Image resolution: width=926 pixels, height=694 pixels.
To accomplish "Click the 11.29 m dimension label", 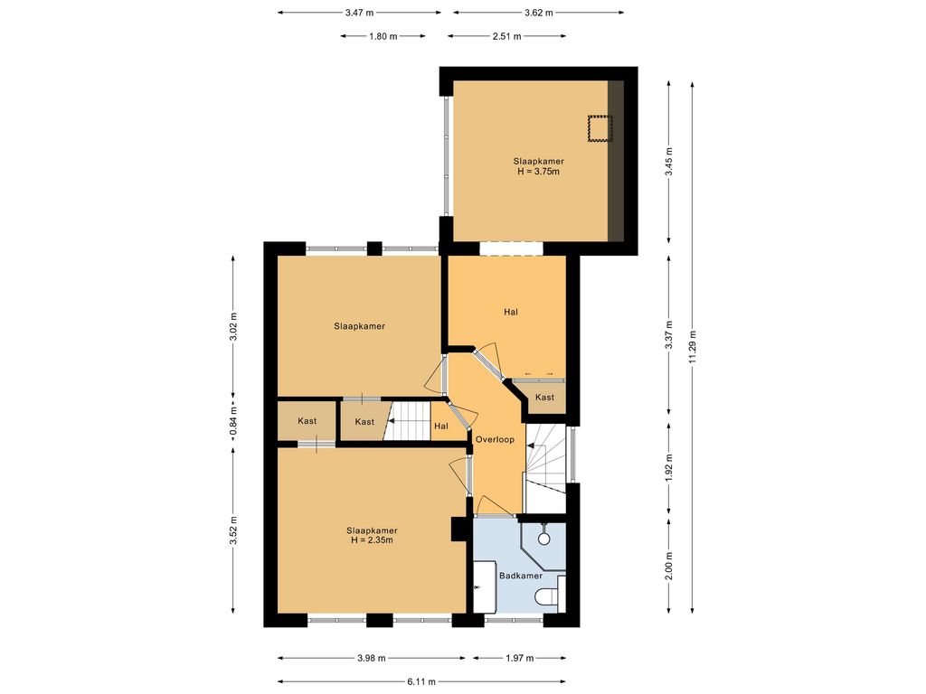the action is pyautogui.click(x=692, y=346).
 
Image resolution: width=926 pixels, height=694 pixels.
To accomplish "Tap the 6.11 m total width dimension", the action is pyautogui.click(x=421, y=682).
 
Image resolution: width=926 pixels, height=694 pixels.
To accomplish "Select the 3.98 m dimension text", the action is pyautogui.click(x=372, y=658).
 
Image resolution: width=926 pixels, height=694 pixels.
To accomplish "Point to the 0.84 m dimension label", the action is pyautogui.click(x=233, y=422).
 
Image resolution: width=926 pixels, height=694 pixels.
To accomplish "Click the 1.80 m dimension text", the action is pyautogui.click(x=383, y=36).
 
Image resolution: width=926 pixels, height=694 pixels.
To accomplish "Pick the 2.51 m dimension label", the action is pyautogui.click(x=506, y=36).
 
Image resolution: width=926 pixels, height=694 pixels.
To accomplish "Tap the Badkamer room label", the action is pyautogui.click(x=520, y=576).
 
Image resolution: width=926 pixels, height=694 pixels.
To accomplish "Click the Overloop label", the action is pyautogui.click(x=495, y=440).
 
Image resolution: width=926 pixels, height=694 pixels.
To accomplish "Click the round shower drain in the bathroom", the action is pyautogui.click(x=543, y=539).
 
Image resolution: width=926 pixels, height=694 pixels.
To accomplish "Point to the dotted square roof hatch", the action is pyautogui.click(x=600, y=128).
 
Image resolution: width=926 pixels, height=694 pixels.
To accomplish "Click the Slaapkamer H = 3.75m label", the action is pyautogui.click(x=538, y=166).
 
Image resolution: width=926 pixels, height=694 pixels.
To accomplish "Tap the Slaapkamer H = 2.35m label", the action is pyautogui.click(x=372, y=535).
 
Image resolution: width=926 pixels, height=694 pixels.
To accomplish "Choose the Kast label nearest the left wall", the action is pyautogui.click(x=307, y=421).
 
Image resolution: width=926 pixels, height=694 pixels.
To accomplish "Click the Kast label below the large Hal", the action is pyautogui.click(x=544, y=398).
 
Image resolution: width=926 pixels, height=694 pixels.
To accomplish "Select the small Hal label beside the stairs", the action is pyautogui.click(x=441, y=427).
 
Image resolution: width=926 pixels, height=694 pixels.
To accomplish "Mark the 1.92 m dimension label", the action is pyautogui.click(x=669, y=467).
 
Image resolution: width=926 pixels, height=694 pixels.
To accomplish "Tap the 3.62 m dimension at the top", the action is pyautogui.click(x=538, y=13).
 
